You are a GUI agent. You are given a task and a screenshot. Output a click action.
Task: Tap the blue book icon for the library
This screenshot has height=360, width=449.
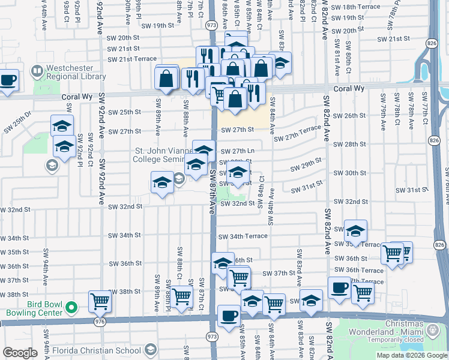click(x=37, y=73)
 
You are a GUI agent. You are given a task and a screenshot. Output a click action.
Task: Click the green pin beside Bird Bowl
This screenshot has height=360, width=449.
click(x=71, y=308)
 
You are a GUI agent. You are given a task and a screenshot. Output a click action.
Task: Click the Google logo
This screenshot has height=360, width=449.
click(x=20, y=353)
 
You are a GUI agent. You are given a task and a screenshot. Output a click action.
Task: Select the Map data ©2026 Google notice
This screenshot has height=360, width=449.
click(x=412, y=355)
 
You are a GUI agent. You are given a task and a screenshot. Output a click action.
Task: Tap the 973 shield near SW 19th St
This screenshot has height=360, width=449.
click(x=211, y=26)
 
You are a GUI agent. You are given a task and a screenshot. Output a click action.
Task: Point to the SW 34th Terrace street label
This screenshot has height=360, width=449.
click(x=243, y=236)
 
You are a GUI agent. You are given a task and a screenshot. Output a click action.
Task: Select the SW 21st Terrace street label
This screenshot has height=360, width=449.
click(x=132, y=59)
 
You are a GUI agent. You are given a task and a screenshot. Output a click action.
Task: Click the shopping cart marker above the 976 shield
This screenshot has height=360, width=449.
click(x=100, y=301)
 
